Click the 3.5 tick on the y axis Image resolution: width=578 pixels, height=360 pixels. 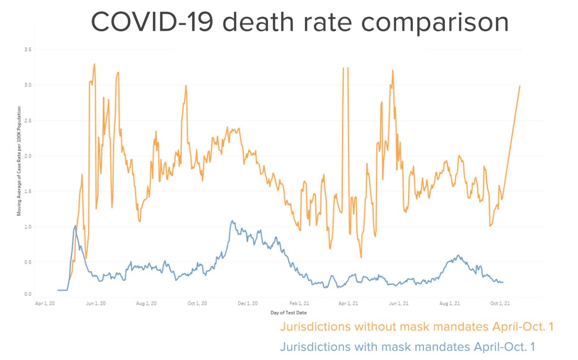[x=28, y=49]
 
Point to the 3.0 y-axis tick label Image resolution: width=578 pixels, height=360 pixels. [x=28, y=85]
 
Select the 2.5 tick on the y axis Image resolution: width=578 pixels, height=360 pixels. [x=28, y=121]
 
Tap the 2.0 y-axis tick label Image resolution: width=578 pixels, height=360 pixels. [x=28, y=156]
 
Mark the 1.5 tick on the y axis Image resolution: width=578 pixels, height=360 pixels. [x=28, y=192]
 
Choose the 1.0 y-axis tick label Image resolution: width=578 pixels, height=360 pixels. [x=28, y=227]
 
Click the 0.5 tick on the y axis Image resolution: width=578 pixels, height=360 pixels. [x=28, y=262]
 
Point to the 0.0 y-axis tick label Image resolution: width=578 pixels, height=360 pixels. [x=28, y=295]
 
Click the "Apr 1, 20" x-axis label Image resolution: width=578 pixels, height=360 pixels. [x=45, y=304]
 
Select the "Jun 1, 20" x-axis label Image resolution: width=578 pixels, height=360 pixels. [x=96, y=304]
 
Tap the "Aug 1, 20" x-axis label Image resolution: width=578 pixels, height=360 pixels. [x=147, y=304]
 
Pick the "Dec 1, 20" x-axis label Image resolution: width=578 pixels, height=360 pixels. [x=248, y=304]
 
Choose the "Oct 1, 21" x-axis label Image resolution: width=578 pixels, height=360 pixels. [x=501, y=304]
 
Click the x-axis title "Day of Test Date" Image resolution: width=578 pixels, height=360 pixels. [x=289, y=313]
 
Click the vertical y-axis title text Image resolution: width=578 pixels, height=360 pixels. [x=19, y=161]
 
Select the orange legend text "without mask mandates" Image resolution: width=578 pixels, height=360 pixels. [x=416, y=327]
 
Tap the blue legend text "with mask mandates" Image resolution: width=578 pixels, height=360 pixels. [x=407, y=347]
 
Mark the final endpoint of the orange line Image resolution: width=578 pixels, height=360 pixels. [x=520, y=86]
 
